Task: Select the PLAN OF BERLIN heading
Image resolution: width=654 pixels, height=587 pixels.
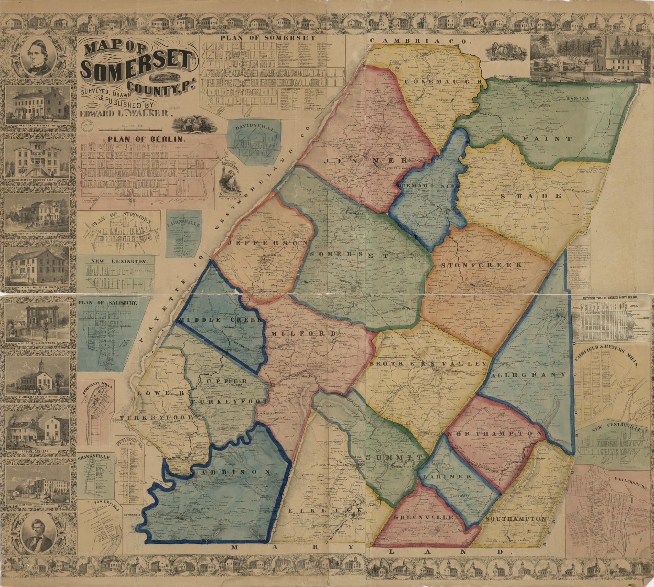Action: coord(147,140)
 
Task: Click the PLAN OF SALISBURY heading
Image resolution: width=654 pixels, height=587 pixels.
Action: coord(108,303)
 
